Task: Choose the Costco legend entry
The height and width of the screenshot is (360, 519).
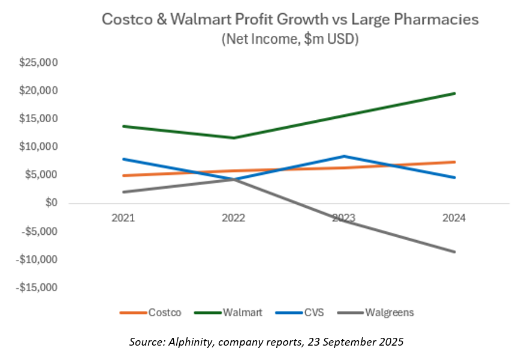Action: pos(150,312)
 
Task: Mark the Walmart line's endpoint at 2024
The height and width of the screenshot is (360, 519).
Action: pos(455,93)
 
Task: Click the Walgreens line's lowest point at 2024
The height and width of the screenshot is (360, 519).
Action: pos(455,252)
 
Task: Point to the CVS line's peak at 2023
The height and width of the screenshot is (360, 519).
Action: pos(344,156)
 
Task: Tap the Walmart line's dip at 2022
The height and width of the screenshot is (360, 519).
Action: pos(234,138)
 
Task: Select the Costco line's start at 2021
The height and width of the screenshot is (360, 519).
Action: pos(123,176)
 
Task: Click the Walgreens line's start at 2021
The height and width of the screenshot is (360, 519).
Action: pos(123,192)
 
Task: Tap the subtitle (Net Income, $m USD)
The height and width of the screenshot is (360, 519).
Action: pos(289,40)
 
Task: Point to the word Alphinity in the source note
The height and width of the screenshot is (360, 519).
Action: pos(188,342)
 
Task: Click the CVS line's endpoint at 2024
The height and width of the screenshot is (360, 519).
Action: pos(455,177)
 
